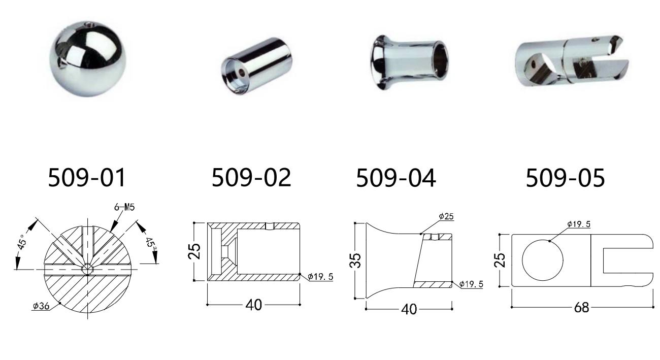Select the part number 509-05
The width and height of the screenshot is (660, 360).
tap(566, 178)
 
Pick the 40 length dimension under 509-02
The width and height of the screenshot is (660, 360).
tap(254, 305)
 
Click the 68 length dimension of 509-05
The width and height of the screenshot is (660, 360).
tap(581, 308)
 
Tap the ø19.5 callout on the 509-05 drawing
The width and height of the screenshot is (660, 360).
tap(579, 224)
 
